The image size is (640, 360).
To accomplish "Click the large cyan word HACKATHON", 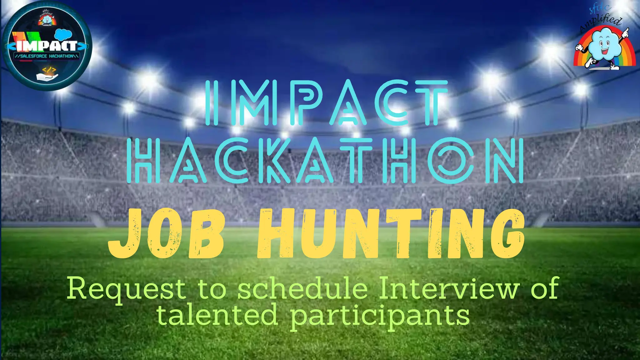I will click(325, 161).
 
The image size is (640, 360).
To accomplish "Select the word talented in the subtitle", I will click(217, 314).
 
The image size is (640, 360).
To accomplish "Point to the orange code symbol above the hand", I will click(49, 69).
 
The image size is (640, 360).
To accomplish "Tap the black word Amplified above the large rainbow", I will click(600, 24).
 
